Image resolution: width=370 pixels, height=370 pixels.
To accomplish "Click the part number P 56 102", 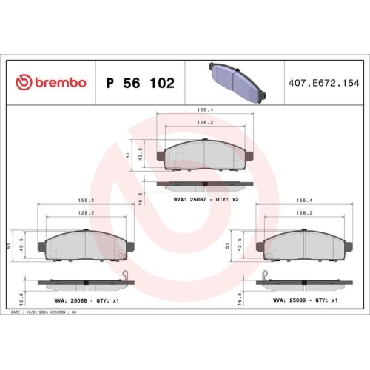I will (141, 83).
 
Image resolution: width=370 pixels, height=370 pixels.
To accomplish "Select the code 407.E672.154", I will (323, 83).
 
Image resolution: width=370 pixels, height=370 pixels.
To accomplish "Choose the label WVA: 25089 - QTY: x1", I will (306, 300).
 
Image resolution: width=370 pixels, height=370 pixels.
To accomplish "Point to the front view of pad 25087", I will (205, 154).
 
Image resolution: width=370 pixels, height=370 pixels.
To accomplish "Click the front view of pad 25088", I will (87, 246).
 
